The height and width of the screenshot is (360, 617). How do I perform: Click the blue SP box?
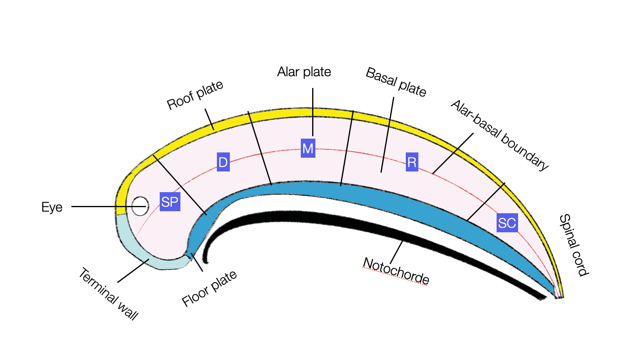170,201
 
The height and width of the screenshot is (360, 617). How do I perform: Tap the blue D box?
223,162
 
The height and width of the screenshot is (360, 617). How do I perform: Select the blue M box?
308,148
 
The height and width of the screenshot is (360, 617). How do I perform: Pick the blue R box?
412,162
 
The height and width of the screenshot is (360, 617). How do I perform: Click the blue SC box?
507,223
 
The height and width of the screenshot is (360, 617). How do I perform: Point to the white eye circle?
140,206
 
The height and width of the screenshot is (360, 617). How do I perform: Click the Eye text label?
52,207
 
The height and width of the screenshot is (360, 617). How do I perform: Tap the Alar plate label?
304,72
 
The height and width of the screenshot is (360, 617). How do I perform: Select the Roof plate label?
195,95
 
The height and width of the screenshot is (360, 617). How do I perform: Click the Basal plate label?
396,82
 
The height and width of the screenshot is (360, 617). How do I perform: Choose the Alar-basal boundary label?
499,135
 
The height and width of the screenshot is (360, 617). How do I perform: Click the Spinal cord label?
573,245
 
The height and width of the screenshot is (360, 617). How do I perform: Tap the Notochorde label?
396,271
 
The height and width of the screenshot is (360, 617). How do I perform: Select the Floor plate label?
209,289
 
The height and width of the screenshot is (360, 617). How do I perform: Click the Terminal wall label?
108,294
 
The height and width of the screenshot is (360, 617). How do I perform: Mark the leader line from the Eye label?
101,206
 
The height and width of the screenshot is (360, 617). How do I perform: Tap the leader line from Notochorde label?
396,252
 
